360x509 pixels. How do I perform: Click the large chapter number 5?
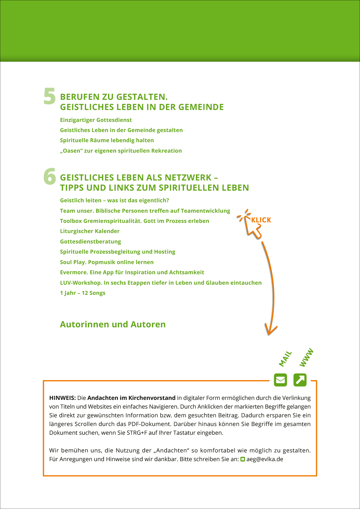point(50,96)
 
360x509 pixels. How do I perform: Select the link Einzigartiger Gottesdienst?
point(96,120)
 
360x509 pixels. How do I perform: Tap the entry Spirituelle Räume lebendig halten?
point(107,140)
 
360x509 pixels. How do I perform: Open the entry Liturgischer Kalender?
point(90,231)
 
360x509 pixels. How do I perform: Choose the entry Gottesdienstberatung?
point(90,242)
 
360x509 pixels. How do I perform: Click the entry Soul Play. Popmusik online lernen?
point(107,262)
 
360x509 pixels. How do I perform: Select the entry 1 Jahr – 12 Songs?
point(82,293)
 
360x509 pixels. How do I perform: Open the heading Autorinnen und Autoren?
point(113,324)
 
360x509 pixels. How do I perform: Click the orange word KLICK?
point(261,220)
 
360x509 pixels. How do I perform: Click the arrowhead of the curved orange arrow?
point(270,331)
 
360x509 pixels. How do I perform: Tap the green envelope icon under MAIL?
point(280,380)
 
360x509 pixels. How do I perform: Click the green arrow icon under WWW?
point(300,380)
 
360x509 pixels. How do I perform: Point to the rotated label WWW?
point(306,358)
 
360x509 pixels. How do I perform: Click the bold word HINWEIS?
point(62,398)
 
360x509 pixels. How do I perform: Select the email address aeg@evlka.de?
point(265,459)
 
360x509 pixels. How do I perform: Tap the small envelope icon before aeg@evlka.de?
point(243,459)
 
